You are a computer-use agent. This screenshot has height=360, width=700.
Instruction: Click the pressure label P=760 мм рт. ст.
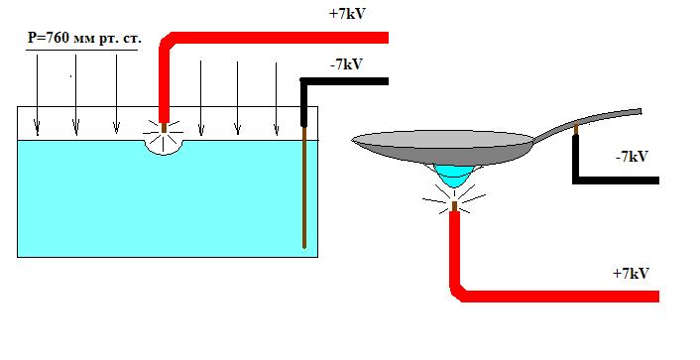[84, 39]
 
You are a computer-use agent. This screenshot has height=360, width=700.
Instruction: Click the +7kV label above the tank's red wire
[347, 14]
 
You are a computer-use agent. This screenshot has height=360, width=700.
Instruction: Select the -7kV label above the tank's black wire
[346, 64]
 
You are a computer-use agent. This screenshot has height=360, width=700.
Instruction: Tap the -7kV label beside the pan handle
[632, 157]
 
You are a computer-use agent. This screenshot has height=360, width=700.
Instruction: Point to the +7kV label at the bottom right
[631, 273]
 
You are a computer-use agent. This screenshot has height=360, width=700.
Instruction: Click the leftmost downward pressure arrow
[37, 94]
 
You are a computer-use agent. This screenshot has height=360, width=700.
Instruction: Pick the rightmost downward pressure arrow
[277, 99]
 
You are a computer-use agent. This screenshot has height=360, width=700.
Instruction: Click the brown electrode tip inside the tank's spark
[164, 128]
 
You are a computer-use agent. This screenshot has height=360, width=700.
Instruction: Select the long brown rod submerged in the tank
[304, 187]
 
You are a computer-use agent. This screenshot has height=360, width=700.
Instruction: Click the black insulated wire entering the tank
[304, 103]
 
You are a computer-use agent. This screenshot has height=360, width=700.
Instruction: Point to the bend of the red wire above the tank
[167, 41]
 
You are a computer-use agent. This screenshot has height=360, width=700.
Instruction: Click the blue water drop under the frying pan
[454, 176]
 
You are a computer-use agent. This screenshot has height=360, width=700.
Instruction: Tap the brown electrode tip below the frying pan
[454, 206]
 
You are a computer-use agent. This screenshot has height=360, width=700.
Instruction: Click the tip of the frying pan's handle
[641, 111]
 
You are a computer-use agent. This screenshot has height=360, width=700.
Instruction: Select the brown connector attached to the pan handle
[576, 128]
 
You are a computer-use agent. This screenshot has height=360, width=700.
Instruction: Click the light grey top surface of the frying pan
[443, 139]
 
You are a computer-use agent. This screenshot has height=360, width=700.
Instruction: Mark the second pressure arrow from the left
[76, 94]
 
